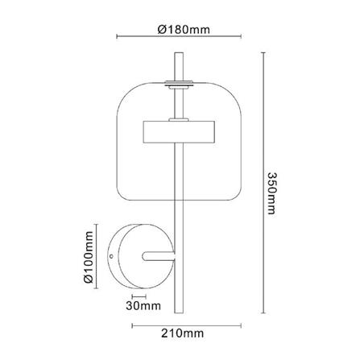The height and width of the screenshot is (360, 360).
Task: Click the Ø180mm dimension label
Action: [179, 30]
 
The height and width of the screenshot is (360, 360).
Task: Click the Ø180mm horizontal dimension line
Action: [179, 38]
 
